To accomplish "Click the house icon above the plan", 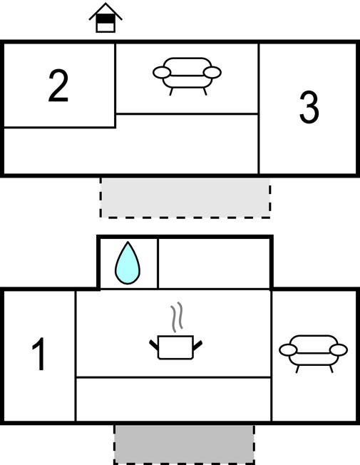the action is (106, 19).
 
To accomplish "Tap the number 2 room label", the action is (58, 86).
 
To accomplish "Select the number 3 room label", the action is (309, 107).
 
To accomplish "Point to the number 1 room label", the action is (38, 354).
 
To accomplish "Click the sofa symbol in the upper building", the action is (187, 76).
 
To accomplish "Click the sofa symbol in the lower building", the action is (313, 354).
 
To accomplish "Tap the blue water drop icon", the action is (128, 263).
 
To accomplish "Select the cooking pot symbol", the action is (175, 347).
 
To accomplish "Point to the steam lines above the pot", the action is (177, 317).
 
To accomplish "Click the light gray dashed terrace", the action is (185, 198).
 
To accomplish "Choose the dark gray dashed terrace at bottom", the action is (184, 444).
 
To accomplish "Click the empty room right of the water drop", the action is (214, 263).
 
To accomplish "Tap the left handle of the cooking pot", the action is (153, 344).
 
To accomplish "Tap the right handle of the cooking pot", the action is (197, 345).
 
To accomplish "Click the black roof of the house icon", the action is (106, 11).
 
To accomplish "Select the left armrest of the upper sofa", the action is (162, 72).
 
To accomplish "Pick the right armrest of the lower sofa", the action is (339, 350).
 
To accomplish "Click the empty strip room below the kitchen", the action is (174, 399).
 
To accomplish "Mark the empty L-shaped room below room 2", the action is (130, 150).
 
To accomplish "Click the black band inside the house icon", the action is (106, 19).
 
